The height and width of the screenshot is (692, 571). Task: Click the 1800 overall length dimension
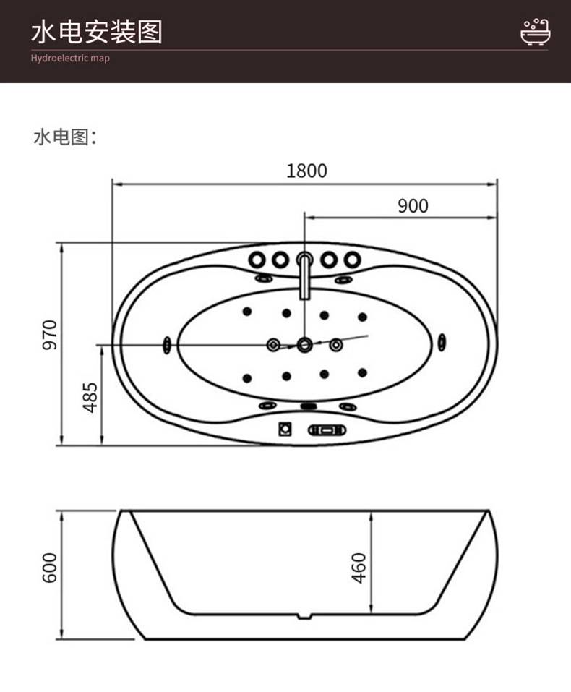306,171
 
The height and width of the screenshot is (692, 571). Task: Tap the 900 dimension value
413,206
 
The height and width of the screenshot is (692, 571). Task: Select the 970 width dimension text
50,335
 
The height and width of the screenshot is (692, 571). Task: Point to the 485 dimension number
90,397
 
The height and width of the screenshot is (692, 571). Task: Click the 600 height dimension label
50,568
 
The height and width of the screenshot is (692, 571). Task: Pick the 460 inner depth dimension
359,568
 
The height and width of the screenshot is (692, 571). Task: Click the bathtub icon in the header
536,32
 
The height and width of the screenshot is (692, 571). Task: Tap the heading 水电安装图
97,32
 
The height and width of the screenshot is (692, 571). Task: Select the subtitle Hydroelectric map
70,59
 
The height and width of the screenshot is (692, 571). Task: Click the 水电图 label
65,137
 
